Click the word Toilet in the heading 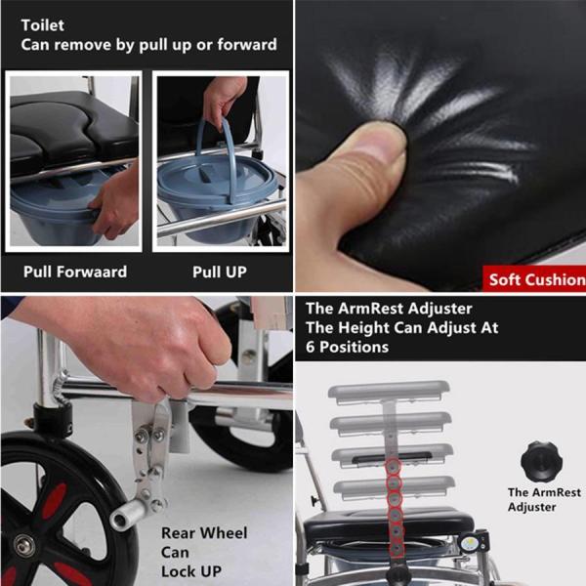(x=43, y=25)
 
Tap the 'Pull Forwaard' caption (x=75, y=272)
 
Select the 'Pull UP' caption (x=220, y=272)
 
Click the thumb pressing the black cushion (x=358, y=157)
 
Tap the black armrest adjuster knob (x=541, y=461)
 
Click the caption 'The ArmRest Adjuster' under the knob (x=544, y=500)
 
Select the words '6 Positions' (x=347, y=347)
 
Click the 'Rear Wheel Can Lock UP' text (x=204, y=552)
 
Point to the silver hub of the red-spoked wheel (x=23, y=546)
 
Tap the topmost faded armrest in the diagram (x=389, y=392)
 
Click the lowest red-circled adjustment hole (x=396, y=549)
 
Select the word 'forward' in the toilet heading (x=247, y=45)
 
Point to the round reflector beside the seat (x=469, y=543)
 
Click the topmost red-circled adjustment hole (x=393, y=467)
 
